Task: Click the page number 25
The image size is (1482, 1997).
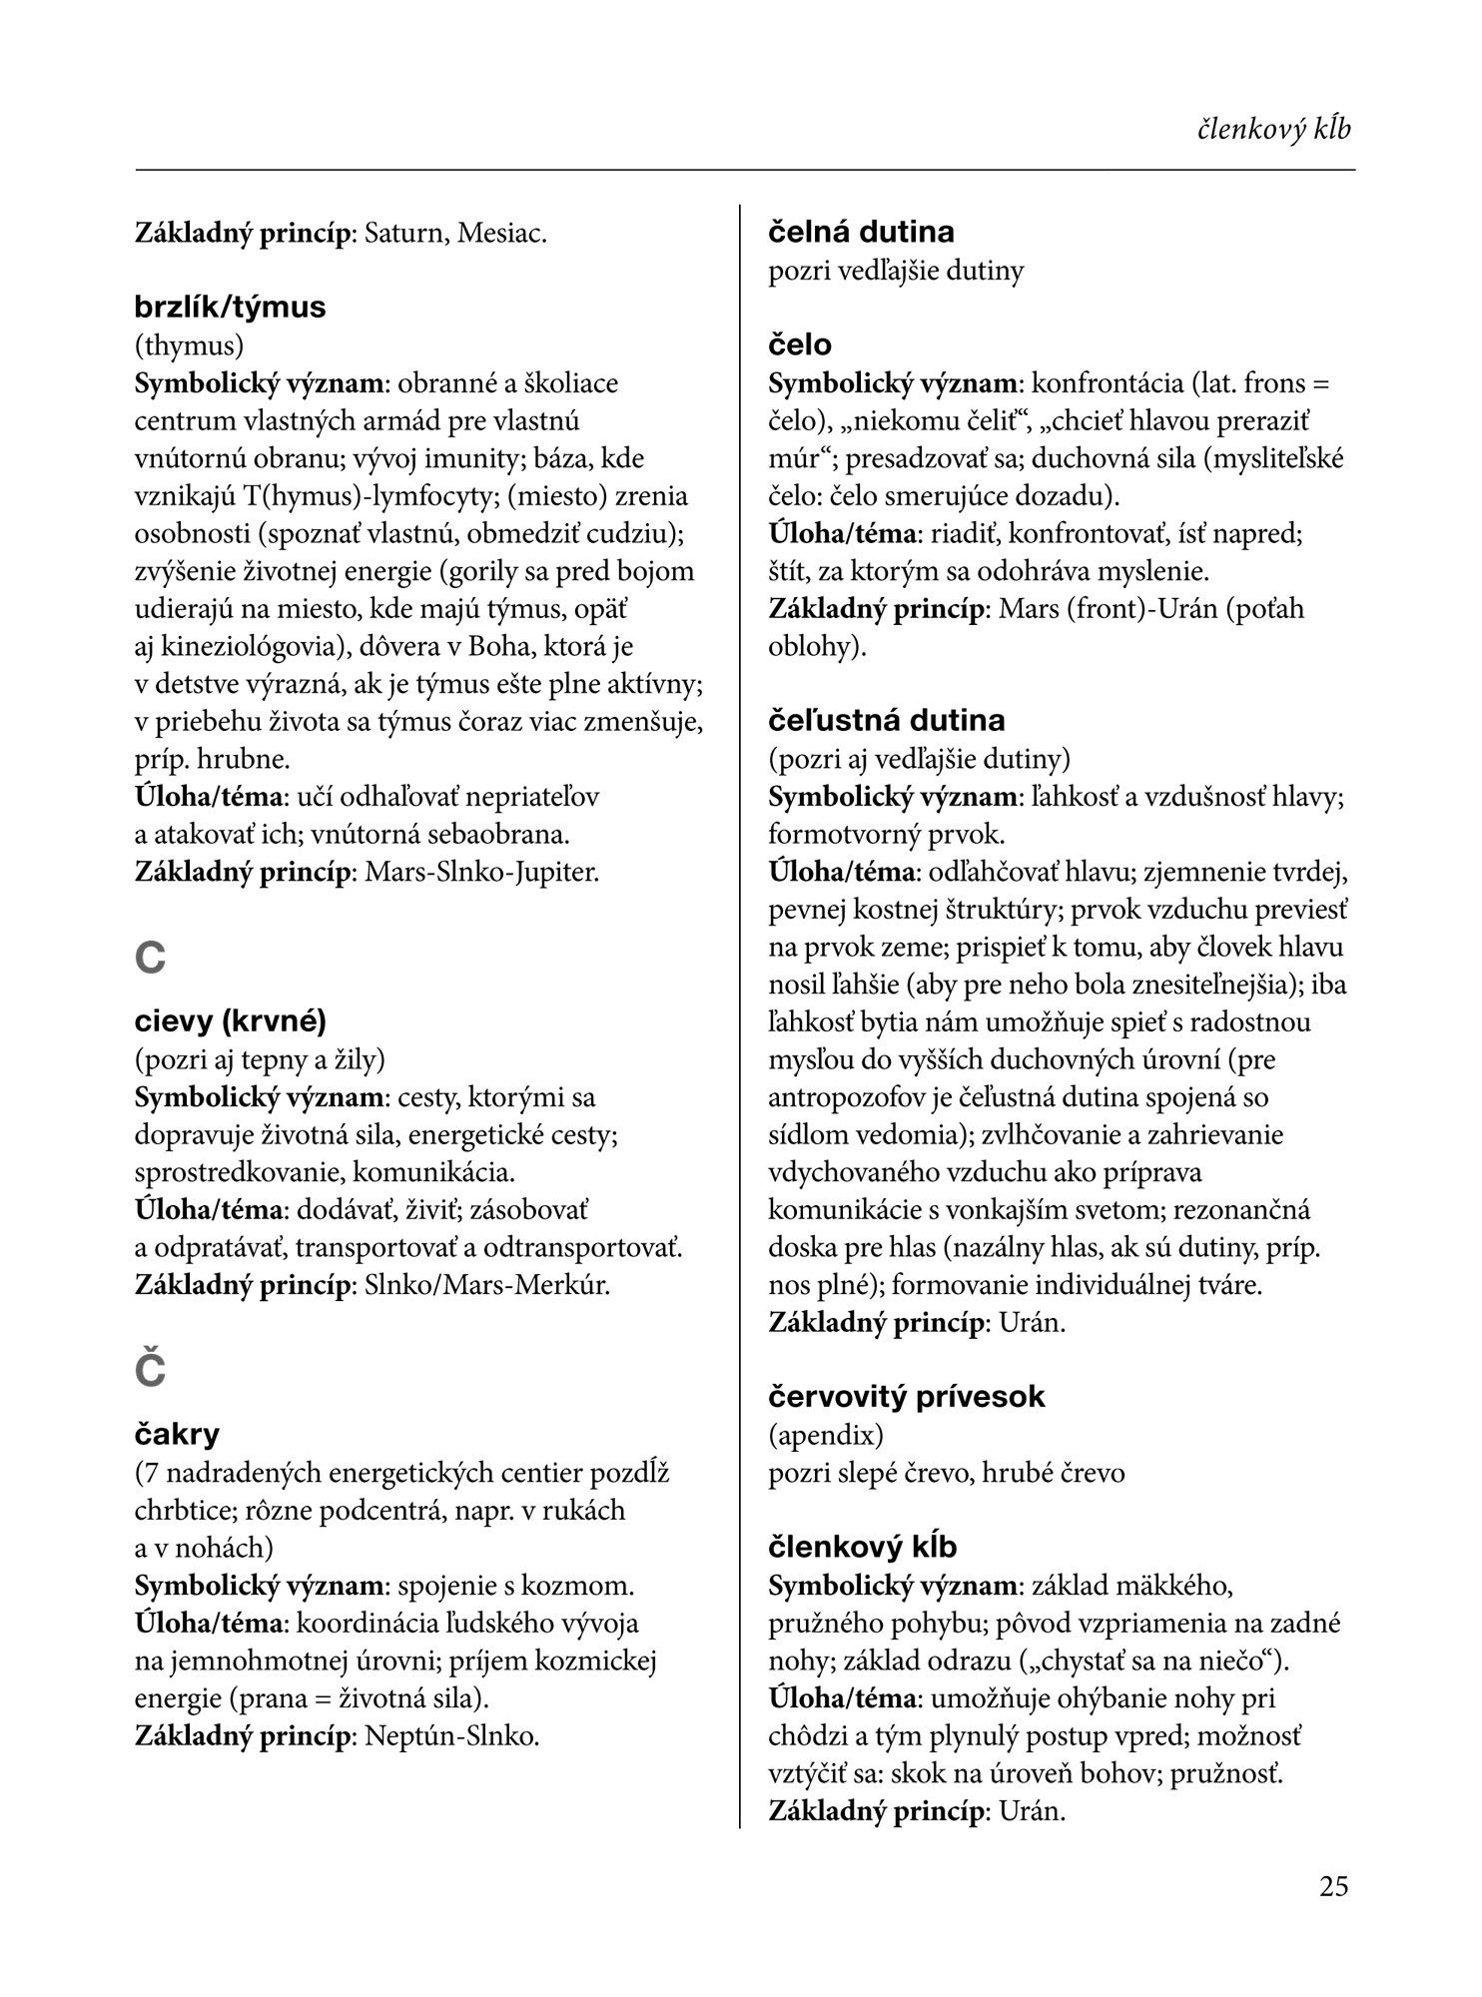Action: pyautogui.click(x=1333, y=1886)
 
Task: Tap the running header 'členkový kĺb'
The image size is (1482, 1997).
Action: pyautogui.click(x=1274, y=130)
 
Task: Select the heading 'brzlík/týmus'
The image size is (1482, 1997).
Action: pyautogui.click(x=230, y=307)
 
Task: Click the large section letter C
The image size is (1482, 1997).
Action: pyautogui.click(x=150, y=959)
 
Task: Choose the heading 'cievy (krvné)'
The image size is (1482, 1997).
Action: pyautogui.click(x=230, y=1021)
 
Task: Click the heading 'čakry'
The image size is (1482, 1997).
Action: pyautogui.click(x=177, y=1435)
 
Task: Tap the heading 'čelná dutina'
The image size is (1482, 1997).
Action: pyautogui.click(x=861, y=232)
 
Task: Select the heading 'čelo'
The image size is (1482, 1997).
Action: pyautogui.click(x=799, y=344)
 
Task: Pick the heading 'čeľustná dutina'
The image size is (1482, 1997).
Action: pyautogui.click(x=886, y=720)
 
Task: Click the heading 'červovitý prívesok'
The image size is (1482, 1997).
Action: pyautogui.click(x=906, y=1396)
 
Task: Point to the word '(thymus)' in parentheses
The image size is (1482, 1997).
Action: pyautogui.click(x=189, y=345)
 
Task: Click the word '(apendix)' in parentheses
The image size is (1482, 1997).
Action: pyautogui.click(x=826, y=1435)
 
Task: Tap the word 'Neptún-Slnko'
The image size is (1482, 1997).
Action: pyautogui.click(x=449, y=1736)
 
